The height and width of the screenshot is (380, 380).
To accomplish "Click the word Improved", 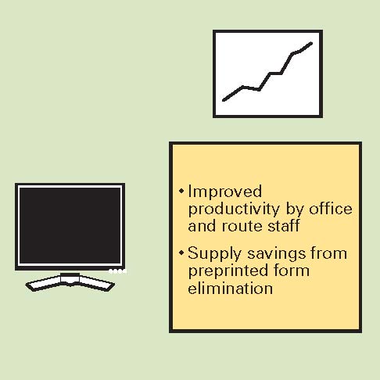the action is click(225, 192).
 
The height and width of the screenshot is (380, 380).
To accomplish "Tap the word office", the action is click(331, 209).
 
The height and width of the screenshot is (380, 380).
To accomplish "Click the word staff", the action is click(284, 225).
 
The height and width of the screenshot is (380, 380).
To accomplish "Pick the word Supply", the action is click(214, 254).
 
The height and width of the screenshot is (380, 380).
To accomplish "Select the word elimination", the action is click(231, 288).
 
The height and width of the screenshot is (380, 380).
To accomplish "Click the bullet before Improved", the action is click(181, 191).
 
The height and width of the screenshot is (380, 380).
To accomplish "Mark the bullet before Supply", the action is click(181, 253).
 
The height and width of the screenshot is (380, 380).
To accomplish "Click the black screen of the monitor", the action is click(70, 226).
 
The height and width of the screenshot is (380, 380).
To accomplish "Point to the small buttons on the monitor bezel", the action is click(117, 271).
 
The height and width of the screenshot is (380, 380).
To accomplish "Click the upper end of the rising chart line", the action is click(311, 43).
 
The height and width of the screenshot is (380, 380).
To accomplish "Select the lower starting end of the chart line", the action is click(224, 100).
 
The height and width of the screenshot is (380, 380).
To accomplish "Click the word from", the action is click(329, 253).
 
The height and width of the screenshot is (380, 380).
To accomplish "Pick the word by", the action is click(295, 210).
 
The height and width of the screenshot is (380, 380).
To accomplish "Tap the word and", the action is click(202, 225).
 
